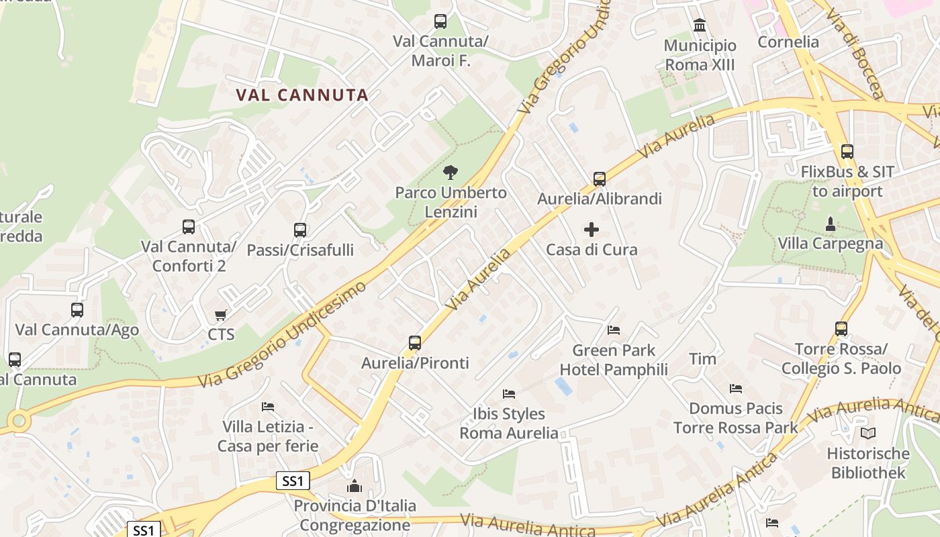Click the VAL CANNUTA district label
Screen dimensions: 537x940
(302, 95)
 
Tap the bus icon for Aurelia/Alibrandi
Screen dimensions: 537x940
(600, 179)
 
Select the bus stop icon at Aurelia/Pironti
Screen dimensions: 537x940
(415, 343)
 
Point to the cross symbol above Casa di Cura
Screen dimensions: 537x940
(592, 230)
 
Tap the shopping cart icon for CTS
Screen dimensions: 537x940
(220, 315)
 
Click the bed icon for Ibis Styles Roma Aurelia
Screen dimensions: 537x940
(509, 394)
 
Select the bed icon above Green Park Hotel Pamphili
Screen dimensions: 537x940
(614, 330)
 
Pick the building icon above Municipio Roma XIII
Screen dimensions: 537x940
(700, 26)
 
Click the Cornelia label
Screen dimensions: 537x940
(788, 42)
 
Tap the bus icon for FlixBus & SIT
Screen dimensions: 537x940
(847, 152)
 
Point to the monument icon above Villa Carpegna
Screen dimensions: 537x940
(831, 224)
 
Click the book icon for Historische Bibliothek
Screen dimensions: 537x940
(868, 434)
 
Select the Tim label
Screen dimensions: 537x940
(703, 359)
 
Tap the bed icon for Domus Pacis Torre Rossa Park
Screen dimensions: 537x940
(736, 389)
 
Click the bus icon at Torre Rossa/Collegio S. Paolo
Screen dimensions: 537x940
(841, 329)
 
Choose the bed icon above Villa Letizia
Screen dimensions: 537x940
(268, 407)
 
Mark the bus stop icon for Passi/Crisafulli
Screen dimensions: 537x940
(300, 230)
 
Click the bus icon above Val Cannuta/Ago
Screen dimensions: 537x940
(77, 310)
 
